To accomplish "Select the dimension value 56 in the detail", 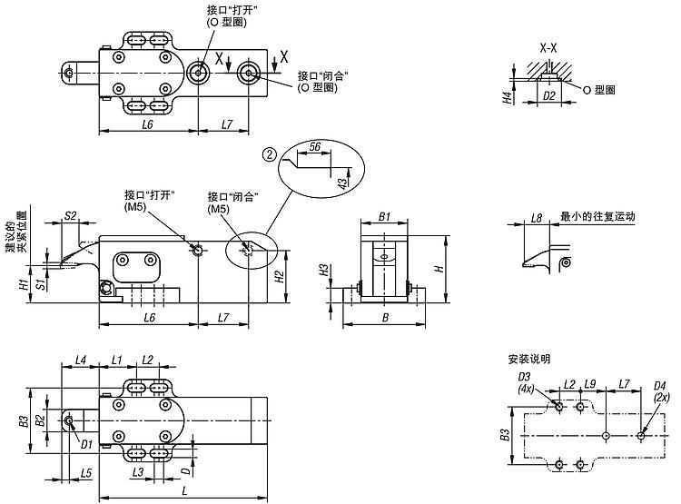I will (315, 145).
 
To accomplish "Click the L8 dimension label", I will (537, 218).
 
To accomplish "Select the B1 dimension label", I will (384, 218).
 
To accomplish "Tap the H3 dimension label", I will (323, 270).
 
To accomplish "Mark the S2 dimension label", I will (70, 215).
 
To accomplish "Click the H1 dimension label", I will (23, 283).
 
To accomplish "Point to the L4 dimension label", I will (80, 361).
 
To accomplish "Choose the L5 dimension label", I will (85, 472).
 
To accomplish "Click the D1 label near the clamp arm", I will (86, 443).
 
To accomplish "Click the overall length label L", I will (184, 490).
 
